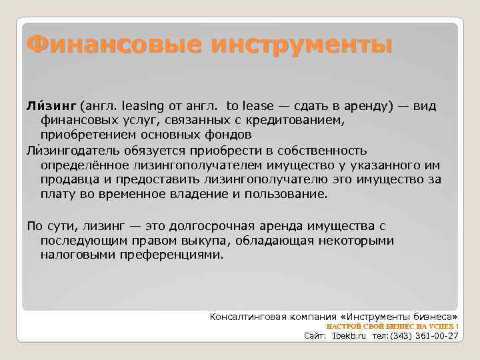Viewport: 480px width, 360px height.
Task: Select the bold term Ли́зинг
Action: point(51,106)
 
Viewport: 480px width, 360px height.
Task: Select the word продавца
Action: point(68,179)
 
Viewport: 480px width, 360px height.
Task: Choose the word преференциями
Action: point(177,255)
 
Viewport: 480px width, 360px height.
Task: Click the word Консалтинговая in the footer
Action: point(248,315)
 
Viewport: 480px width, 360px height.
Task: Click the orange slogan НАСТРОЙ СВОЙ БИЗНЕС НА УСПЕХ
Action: point(392,326)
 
